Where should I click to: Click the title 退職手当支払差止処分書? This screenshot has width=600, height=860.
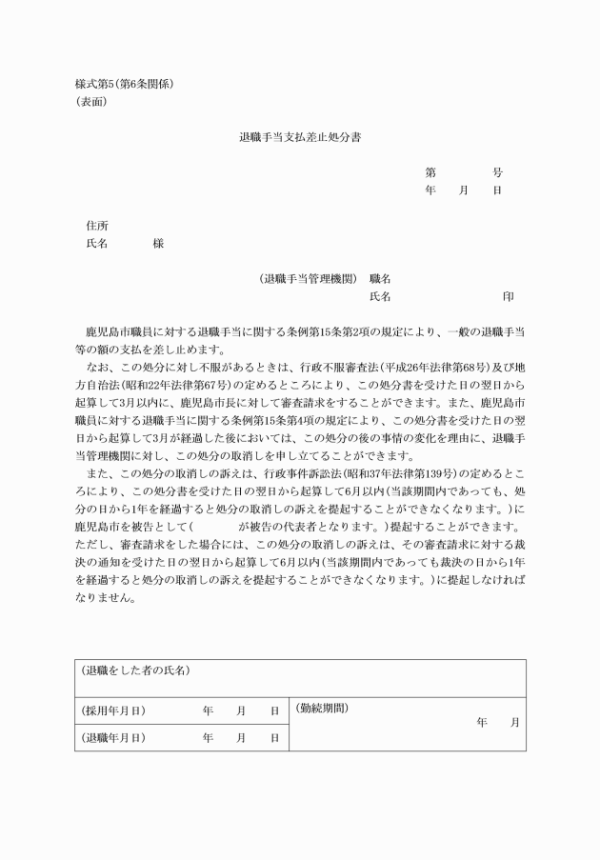pos(300,137)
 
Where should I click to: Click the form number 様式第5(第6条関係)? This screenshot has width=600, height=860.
pos(124,83)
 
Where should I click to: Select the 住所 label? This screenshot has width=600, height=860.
pos(96,226)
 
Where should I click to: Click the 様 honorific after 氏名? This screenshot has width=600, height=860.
pos(158,244)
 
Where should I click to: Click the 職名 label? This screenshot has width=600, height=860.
pos(380,279)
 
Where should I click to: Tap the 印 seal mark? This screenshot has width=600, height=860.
pos(509,297)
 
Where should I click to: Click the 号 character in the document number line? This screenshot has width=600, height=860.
pos(497,172)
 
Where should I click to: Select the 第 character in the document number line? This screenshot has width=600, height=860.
pos(430,172)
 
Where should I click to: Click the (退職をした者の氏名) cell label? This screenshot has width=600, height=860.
pos(135,670)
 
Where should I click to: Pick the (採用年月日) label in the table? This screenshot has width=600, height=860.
pos(112,710)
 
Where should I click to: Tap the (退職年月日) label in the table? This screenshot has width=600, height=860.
pos(112,738)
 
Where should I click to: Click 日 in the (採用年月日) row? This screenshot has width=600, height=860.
pos(274,710)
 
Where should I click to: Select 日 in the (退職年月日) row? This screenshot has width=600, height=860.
pos(274,738)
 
